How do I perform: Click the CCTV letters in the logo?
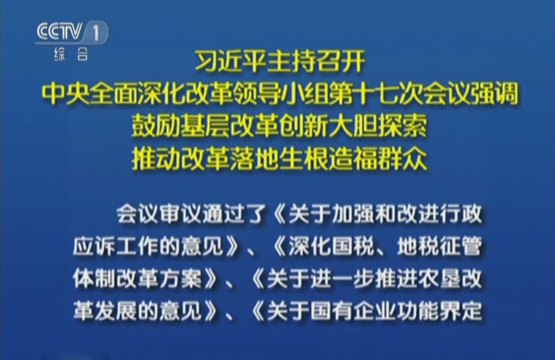tap(59, 32)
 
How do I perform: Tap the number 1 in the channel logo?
tap(96, 33)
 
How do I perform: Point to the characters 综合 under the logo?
tap(71, 54)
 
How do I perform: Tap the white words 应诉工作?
tap(116, 246)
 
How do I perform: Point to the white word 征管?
tap(461, 246)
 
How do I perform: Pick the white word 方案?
tap(180, 278)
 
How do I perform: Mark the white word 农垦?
tap(439, 278)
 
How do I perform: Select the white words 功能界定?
tap(439, 311)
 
